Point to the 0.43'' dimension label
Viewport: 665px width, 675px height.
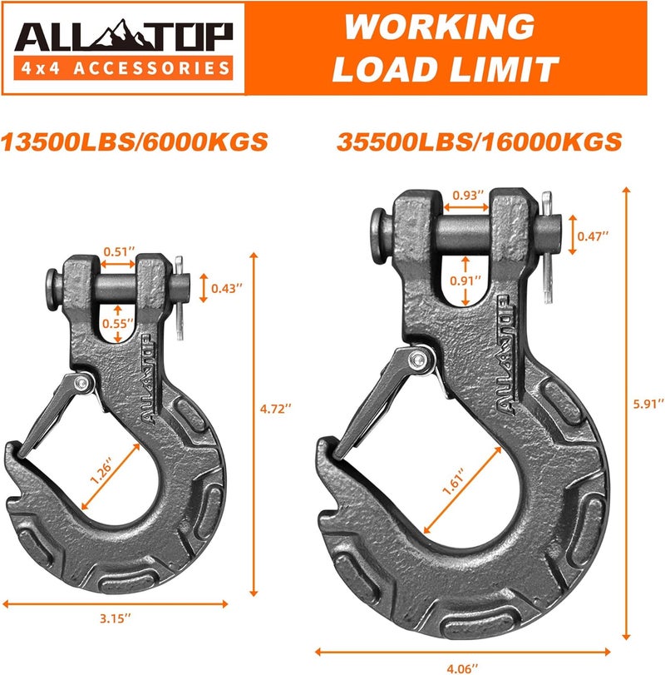(x=227, y=288)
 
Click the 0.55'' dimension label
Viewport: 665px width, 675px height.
(x=117, y=320)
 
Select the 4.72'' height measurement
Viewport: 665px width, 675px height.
(x=274, y=409)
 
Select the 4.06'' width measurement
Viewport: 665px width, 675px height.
(x=463, y=664)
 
